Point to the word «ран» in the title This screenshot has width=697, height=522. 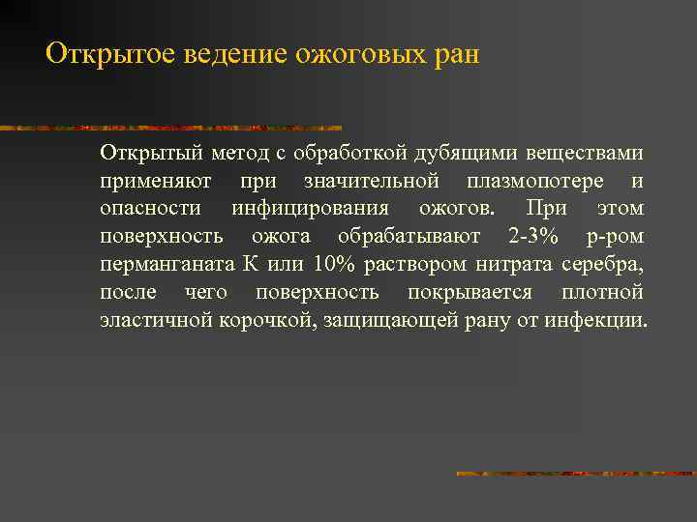(455, 53)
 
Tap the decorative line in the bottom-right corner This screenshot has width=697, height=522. (575, 474)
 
